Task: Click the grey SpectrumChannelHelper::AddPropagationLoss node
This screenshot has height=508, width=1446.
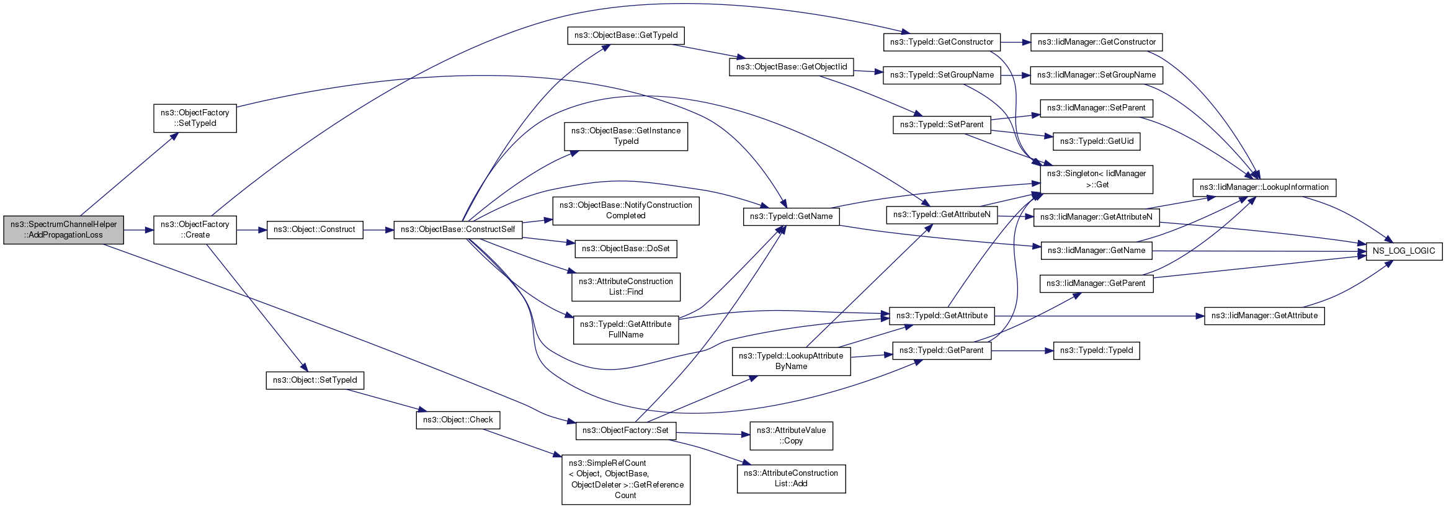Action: click(63, 229)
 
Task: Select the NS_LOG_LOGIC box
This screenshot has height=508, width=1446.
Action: click(1404, 251)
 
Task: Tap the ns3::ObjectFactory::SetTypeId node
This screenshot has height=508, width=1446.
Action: click(195, 118)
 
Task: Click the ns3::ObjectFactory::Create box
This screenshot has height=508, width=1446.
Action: click(195, 229)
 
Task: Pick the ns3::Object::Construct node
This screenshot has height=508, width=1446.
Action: click(315, 229)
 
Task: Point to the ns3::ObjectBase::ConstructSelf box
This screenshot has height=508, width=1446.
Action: click(458, 229)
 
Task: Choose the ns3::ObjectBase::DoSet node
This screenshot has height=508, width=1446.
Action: click(626, 249)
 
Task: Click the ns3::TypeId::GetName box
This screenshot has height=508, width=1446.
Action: click(792, 216)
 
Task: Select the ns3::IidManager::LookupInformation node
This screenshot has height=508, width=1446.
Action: click(1264, 187)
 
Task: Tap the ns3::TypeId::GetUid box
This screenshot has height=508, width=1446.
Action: click(1097, 141)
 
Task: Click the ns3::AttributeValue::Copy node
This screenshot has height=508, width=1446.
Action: click(792, 435)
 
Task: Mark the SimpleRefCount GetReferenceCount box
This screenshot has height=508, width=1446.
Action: click(626, 479)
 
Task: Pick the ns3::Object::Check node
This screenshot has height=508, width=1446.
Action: click(458, 420)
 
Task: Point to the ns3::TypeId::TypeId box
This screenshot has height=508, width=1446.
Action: click(1097, 350)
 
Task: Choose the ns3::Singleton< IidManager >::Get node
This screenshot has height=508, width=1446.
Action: click(1097, 179)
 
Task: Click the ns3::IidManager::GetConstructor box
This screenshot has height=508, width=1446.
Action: click(1097, 42)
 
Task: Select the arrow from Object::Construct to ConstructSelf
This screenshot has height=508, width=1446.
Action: click(378, 230)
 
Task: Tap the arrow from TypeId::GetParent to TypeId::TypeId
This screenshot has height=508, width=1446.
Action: click(1022, 351)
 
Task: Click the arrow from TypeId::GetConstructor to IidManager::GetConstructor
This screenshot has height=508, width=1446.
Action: click(1015, 42)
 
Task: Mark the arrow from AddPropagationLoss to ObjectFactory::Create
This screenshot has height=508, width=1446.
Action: click(138, 230)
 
